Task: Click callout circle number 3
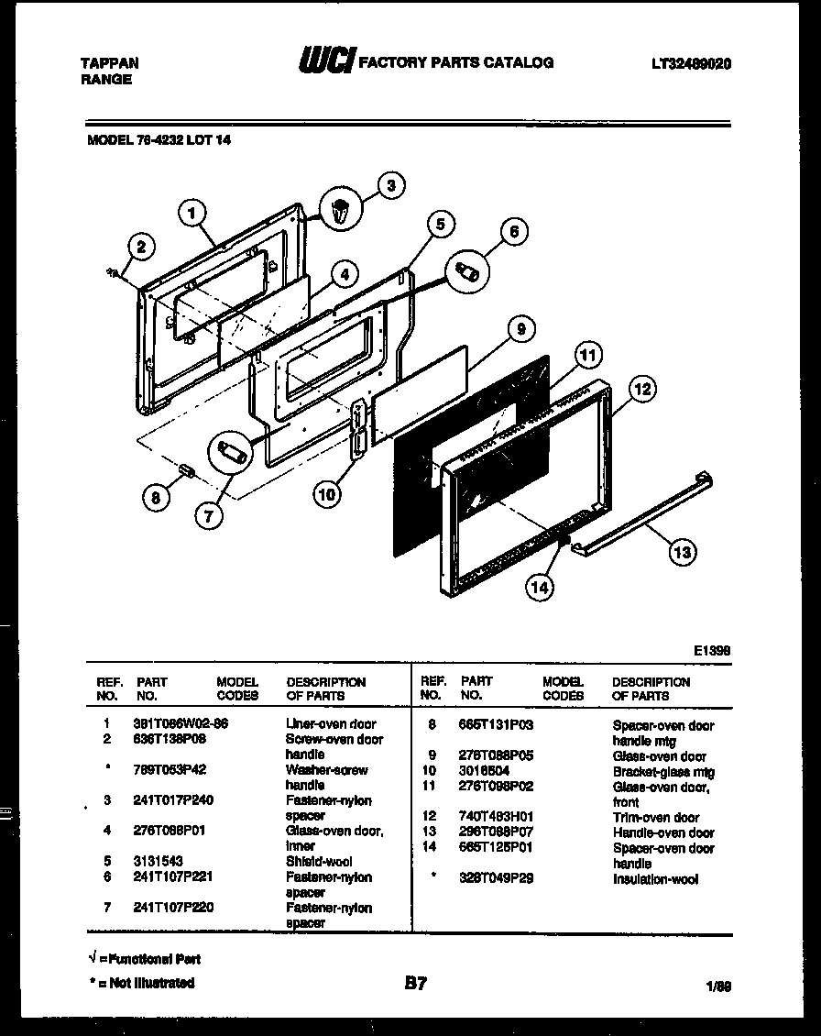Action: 390,185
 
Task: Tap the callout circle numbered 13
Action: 681,551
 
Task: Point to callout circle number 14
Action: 540,588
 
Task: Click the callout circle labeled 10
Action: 326,494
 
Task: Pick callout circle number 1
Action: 192,214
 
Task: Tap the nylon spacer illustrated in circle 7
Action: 231,454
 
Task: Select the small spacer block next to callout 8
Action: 188,470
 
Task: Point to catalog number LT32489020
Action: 691,63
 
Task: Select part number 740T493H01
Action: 496,817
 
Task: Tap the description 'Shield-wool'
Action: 318,862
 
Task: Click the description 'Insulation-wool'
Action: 654,879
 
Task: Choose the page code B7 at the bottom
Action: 415,984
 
